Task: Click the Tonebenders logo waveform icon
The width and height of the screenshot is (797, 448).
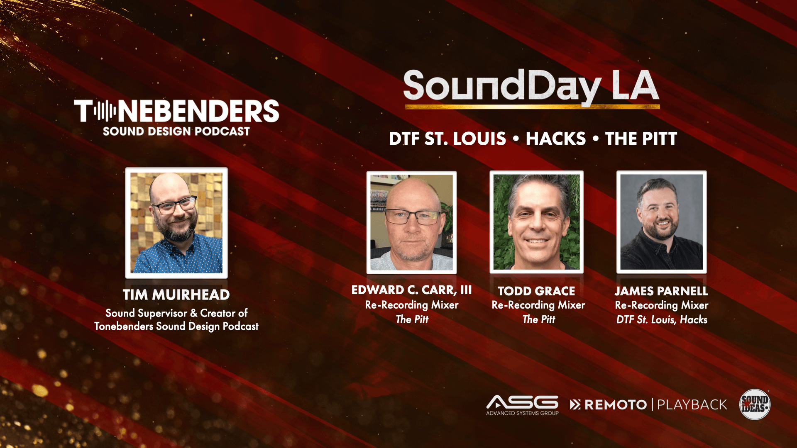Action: click(105, 111)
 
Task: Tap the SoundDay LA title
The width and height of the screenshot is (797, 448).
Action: click(531, 87)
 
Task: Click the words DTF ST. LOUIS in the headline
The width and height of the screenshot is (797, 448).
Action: click(447, 139)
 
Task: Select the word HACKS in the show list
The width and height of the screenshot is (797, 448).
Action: click(556, 139)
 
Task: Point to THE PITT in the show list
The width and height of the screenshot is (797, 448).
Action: click(641, 139)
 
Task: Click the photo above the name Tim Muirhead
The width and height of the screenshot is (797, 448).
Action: click(176, 223)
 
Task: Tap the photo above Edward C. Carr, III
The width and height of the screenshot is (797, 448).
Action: click(411, 222)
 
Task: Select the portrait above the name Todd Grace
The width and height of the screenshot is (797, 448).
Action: click(536, 222)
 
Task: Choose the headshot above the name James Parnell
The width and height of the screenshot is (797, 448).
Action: click(661, 222)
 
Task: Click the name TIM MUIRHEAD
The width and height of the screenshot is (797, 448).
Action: click(176, 295)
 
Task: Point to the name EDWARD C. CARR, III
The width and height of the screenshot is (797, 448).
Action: click(411, 290)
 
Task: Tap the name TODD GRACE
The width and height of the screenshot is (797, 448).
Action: click(536, 291)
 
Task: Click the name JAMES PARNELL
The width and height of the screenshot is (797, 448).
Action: click(661, 291)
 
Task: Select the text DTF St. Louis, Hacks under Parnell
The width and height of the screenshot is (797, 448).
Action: click(662, 319)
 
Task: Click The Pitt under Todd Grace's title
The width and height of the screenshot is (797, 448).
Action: click(538, 319)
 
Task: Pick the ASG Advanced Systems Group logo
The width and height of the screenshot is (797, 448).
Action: click(522, 405)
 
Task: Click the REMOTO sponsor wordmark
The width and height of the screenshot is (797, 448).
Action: click(609, 404)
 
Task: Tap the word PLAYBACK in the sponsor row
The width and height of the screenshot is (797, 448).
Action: click(692, 404)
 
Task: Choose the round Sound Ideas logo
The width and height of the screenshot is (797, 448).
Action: click(755, 404)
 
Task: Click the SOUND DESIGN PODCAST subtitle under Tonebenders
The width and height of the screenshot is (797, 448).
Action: click(176, 131)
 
